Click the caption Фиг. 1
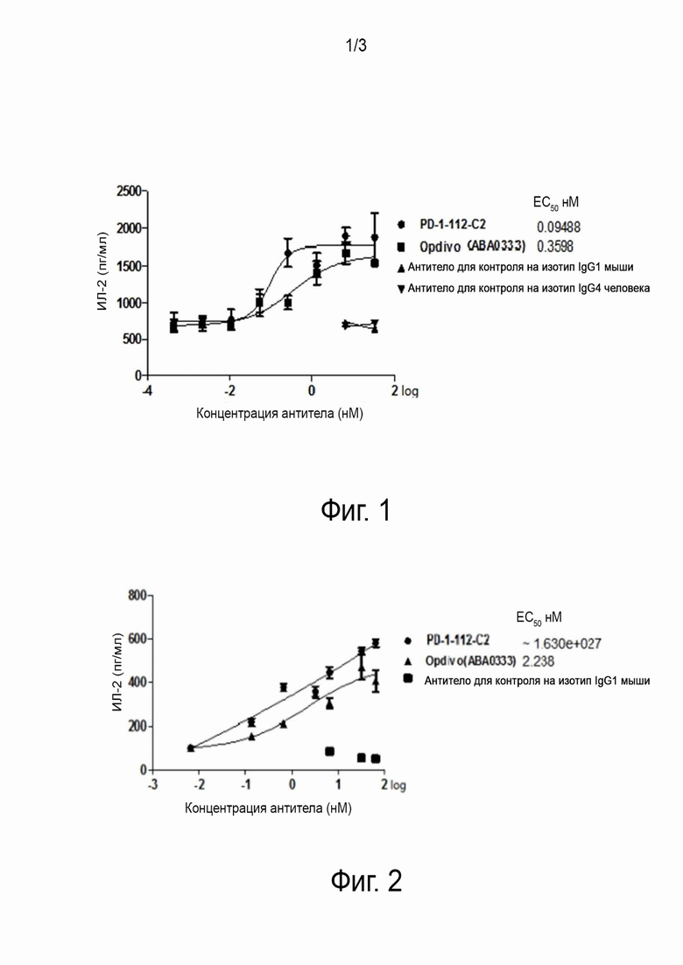(x=355, y=510)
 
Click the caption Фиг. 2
(x=366, y=880)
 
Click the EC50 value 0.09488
(x=559, y=226)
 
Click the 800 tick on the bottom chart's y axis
(x=136, y=596)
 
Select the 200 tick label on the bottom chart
(x=136, y=727)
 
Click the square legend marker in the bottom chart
(x=409, y=680)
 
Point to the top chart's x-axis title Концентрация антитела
(x=279, y=413)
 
